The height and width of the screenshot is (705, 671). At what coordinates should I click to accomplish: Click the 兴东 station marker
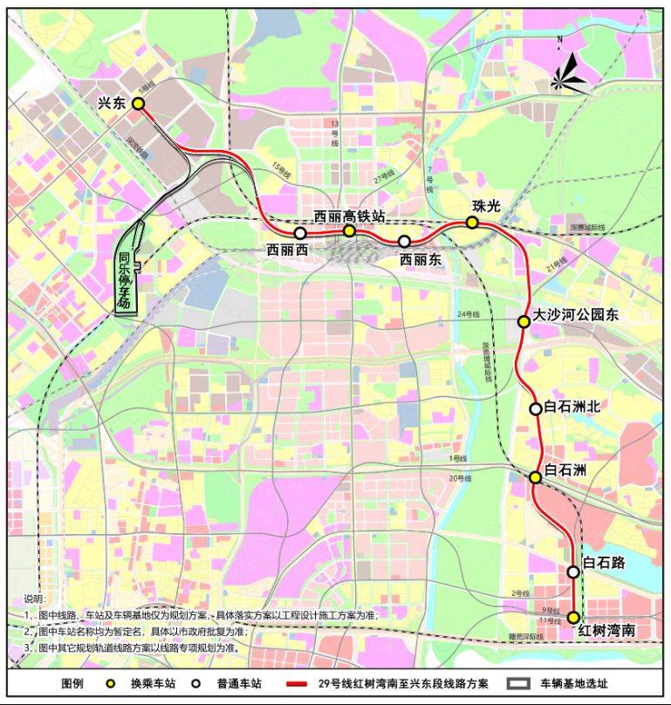(x=138, y=103)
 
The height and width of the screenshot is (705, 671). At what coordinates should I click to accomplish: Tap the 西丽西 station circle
(x=300, y=233)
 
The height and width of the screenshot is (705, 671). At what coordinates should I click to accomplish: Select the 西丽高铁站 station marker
(x=349, y=230)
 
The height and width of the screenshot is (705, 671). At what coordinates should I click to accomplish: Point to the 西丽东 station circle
(x=404, y=241)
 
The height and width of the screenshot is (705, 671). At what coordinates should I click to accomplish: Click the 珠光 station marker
(x=472, y=222)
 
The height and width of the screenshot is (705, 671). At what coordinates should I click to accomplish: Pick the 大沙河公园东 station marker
(x=524, y=322)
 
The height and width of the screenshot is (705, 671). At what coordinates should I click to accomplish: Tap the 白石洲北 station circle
(x=536, y=408)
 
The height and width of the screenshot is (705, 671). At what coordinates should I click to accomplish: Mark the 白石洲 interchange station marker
(x=536, y=477)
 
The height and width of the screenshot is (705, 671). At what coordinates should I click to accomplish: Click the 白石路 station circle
(x=573, y=572)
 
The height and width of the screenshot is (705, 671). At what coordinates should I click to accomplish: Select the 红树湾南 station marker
(x=573, y=618)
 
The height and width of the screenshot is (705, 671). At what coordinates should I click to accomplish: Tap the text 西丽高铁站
(x=349, y=215)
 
